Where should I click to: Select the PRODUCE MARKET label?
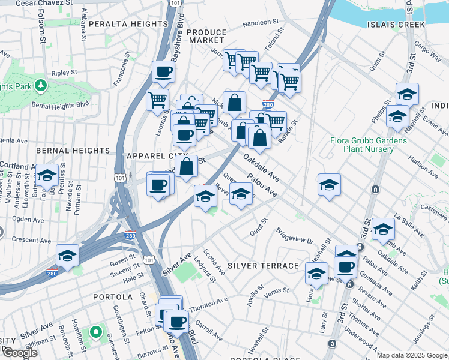pos(206,36)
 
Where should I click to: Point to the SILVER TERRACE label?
pos(263,266)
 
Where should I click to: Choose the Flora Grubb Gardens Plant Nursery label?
pos(369,145)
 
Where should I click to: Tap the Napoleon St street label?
pos(262,25)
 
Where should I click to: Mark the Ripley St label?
pos(61,73)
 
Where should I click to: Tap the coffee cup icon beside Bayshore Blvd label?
pos(163,73)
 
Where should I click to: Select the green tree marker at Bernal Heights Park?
pos(41,85)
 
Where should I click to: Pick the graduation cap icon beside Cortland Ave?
pos(47,176)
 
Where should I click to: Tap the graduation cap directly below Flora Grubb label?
pos(329,185)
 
